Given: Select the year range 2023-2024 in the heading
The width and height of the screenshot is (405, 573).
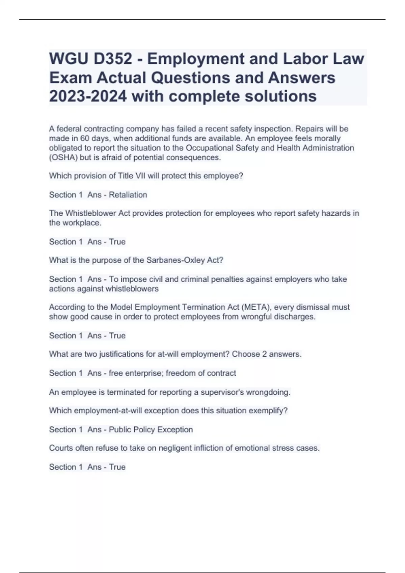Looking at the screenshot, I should [88, 96].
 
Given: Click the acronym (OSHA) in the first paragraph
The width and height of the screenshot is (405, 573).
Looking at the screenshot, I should [63, 157].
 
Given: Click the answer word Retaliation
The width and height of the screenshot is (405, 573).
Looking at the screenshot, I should [128, 195].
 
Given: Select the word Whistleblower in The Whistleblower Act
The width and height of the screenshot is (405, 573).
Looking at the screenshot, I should [90, 213].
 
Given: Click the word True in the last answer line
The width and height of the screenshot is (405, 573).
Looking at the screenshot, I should [117, 467].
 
